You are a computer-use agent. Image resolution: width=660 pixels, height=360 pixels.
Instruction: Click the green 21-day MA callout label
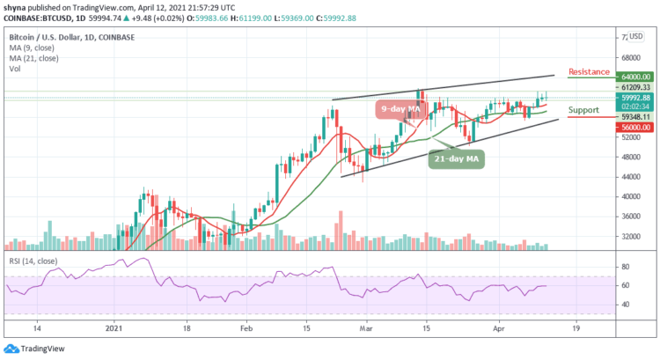pyautogui.click(x=458, y=158)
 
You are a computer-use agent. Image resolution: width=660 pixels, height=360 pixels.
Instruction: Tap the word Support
pyautogui.click(x=585, y=111)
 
